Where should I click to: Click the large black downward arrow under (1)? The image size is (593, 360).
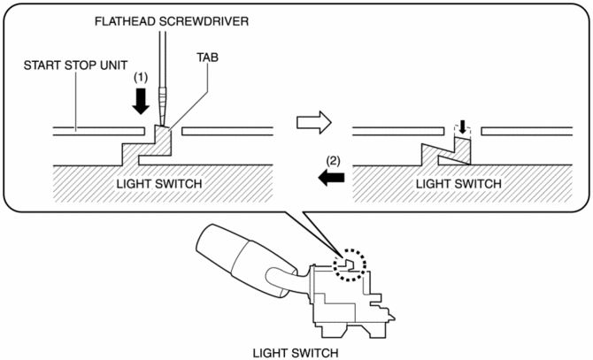(139, 103)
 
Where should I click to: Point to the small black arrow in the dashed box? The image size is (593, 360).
(460, 129)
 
